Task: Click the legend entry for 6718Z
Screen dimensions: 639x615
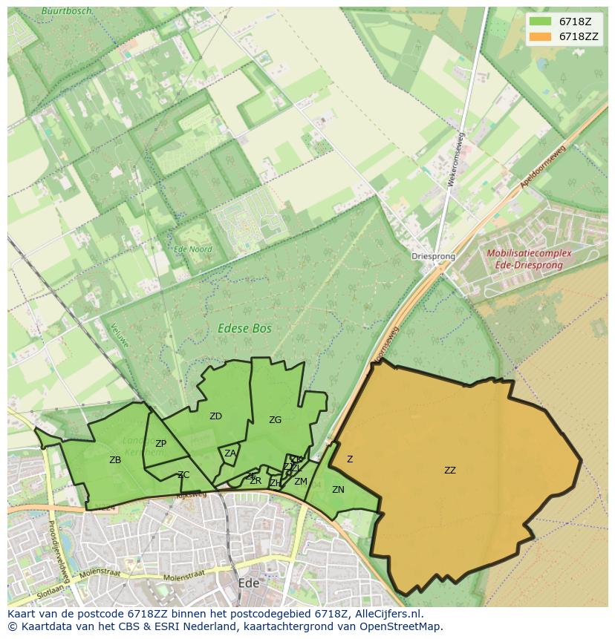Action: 575,22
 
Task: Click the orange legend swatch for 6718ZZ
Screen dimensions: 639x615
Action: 541,36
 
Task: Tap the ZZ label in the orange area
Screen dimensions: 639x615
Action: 450,470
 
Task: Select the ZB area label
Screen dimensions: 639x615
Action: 115,460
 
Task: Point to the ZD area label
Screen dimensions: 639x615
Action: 215,416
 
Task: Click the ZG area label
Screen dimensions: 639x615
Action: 275,420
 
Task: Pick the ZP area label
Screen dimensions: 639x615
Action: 160,444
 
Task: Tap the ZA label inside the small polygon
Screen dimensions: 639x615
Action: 230,453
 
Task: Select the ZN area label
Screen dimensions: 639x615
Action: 338,490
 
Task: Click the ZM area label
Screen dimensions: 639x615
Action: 300,482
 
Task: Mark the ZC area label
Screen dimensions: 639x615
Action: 183,475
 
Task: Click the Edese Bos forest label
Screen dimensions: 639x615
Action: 244,328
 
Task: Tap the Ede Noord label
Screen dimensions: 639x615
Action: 192,250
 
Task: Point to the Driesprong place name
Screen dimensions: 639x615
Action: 433,256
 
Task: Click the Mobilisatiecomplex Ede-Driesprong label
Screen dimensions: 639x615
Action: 529,258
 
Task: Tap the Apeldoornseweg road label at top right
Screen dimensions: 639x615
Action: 543,166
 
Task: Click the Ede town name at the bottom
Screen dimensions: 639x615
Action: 248,583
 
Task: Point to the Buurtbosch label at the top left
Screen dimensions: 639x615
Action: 67,11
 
